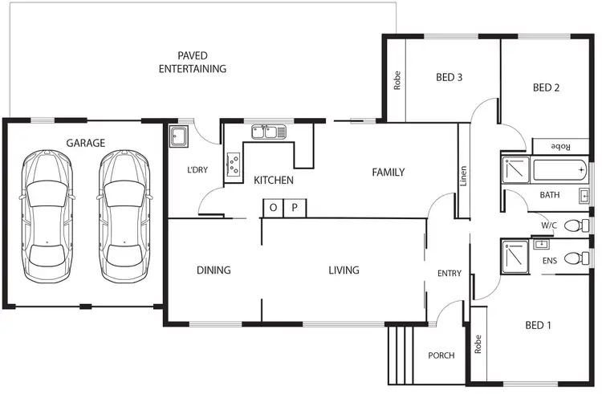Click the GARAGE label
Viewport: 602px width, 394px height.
pyautogui.click(x=85, y=143)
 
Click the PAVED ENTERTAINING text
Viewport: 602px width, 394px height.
pyautogui.click(x=192, y=62)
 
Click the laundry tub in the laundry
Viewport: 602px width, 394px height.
pyautogui.click(x=179, y=137)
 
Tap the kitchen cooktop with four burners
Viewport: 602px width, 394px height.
pyautogui.click(x=234, y=164)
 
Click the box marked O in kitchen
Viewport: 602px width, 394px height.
pyautogui.click(x=273, y=208)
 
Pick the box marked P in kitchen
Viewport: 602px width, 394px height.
pyautogui.click(x=295, y=208)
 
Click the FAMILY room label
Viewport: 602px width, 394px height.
pyautogui.click(x=388, y=173)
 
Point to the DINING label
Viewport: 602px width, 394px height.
pyautogui.click(x=214, y=270)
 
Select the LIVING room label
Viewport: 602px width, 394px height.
pyautogui.click(x=344, y=270)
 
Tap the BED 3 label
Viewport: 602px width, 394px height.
pyautogui.click(x=449, y=78)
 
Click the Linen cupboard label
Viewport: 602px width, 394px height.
pyautogui.click(x=463, y=177)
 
